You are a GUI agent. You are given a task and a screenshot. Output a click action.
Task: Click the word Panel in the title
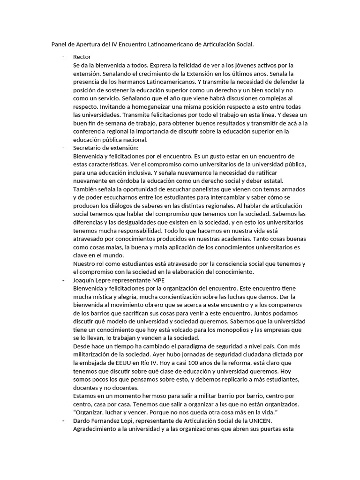coord(60,45)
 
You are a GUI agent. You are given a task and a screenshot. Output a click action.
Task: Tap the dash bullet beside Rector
coord(63,57)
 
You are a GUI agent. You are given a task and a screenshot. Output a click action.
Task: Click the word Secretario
coord(90,148)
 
